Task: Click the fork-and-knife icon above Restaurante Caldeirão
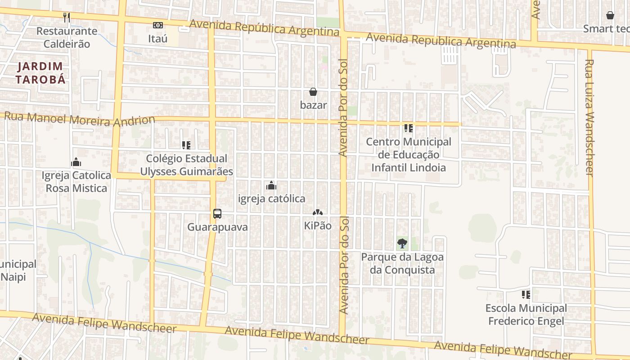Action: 67,17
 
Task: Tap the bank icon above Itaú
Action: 158,25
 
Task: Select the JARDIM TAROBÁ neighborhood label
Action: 41,73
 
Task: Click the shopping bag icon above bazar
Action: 313,92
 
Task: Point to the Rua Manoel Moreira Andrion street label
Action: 80,119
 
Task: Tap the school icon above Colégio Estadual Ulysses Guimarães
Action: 186,145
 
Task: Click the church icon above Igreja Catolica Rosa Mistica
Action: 76,162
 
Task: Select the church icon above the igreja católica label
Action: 271,185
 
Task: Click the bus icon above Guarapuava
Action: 217,214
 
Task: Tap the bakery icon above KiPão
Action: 318,212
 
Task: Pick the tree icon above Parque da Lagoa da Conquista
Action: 402,244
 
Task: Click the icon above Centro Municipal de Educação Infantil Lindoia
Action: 409,128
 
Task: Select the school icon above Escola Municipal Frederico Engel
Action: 526,295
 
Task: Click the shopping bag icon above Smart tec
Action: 610,16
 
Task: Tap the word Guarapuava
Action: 217,227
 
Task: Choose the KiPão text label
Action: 318,225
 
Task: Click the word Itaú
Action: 158,39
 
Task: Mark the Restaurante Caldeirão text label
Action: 67,37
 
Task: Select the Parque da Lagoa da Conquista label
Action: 402,263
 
